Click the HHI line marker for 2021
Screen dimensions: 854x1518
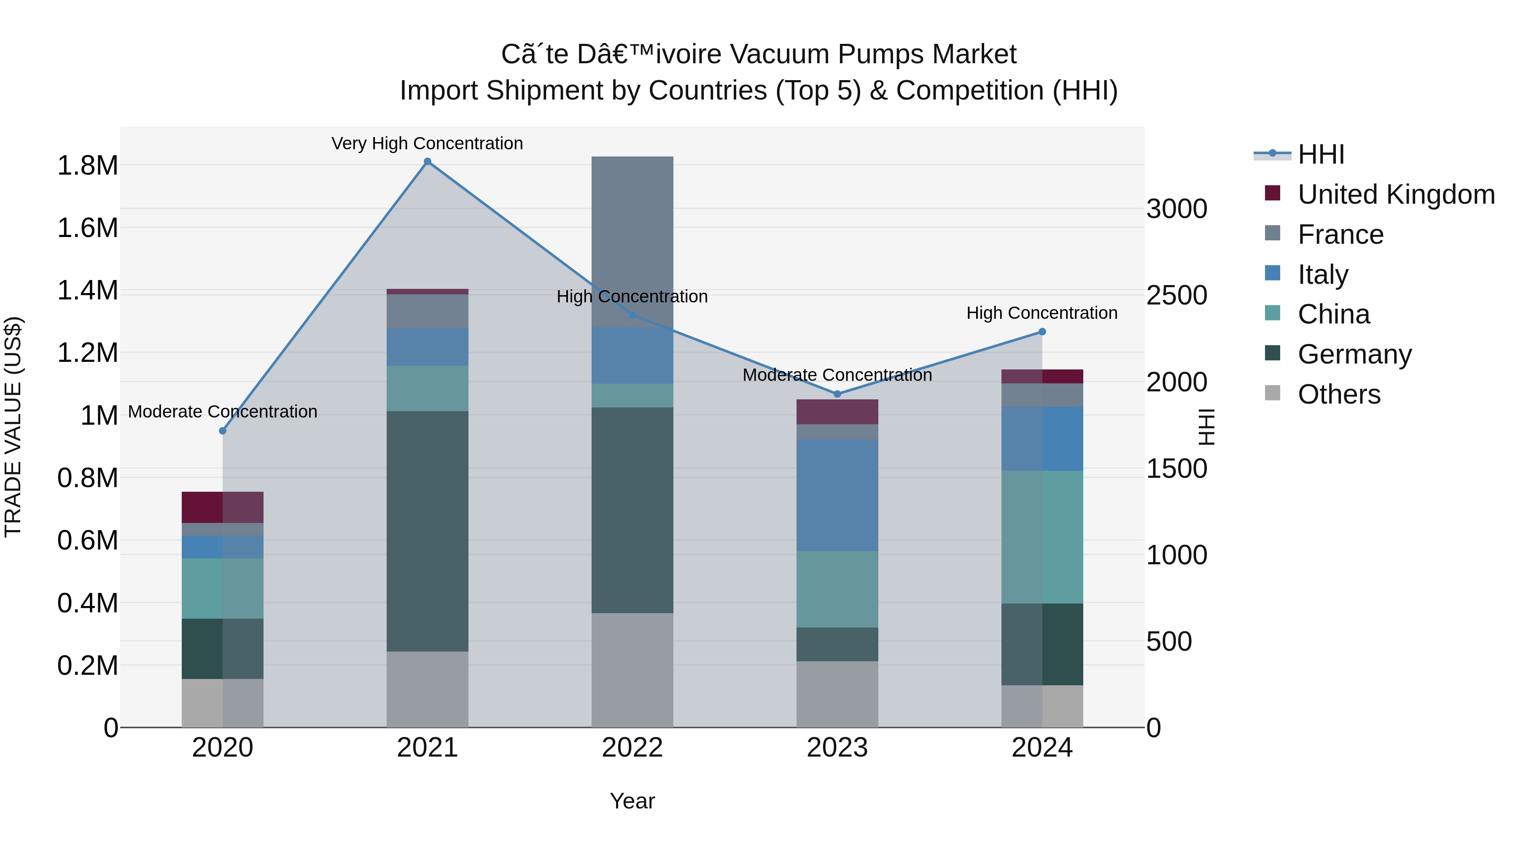pos(427,162)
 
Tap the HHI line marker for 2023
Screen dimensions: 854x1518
pos(837,394)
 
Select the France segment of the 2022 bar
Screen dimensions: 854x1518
pos(632,242)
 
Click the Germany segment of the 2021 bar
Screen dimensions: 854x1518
pos(427,531)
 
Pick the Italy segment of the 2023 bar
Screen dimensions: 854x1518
pos(837,495)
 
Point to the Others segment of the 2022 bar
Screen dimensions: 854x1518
pos(632,670)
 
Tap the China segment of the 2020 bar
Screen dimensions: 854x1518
pos(222,588)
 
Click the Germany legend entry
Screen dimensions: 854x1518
pos(1354,354)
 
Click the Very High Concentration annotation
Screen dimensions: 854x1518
pos(427,143)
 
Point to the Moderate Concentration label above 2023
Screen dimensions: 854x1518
pos(837,375)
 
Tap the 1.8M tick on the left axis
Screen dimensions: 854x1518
pos(87,166)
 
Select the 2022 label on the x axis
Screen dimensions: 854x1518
pos(632,748)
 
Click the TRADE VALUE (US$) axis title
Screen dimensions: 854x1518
pos(13,427)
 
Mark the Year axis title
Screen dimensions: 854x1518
pos(632,801)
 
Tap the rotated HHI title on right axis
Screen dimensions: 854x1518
pos(1206,427)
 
